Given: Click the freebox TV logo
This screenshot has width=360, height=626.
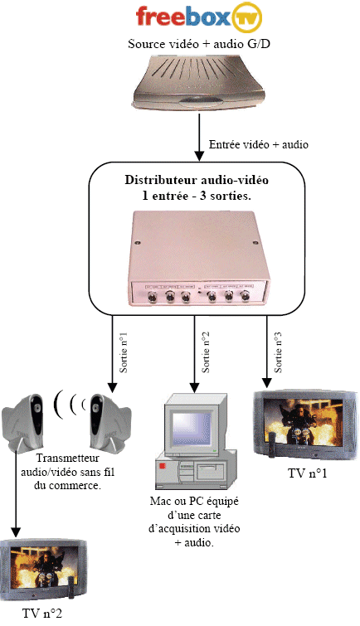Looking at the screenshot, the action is pyautogui.click(x=199, y=17).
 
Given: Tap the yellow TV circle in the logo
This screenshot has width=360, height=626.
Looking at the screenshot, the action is pyautogui.click(x=246, y=17).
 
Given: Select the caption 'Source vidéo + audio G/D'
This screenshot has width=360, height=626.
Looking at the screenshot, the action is pyautogui.click(x=199, y=43).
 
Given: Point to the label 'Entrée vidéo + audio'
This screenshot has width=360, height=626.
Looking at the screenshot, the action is pyautogui.click(x=259, y=144).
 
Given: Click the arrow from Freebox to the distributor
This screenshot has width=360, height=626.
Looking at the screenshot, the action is pyautogui.click(x=198, y=138).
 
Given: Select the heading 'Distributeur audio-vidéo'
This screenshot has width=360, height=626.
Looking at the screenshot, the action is pyautogui.click(x=197, y=180).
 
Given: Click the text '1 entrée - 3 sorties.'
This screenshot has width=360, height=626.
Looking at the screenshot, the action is pyautogui.click(x=197, y=196).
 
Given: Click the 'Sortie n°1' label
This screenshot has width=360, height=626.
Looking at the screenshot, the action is pyautogui.click(x=124, y=353).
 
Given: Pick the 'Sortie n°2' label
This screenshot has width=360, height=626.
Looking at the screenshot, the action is pyautogui.click(x=206, y=353).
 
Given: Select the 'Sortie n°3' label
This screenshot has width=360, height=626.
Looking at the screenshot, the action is pyautogui.click(x=278, y=353).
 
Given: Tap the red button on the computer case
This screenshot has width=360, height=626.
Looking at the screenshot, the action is pyautogui.click(x=163, y=466).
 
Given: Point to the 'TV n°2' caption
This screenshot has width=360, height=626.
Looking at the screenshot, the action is pyautogui.click(x=42, y=614).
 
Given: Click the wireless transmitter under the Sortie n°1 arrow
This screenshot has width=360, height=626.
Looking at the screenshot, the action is pyautogui.click(x=109, y=422).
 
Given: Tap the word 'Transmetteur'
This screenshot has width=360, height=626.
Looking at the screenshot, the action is pyautogui.click(x=67, y=458).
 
